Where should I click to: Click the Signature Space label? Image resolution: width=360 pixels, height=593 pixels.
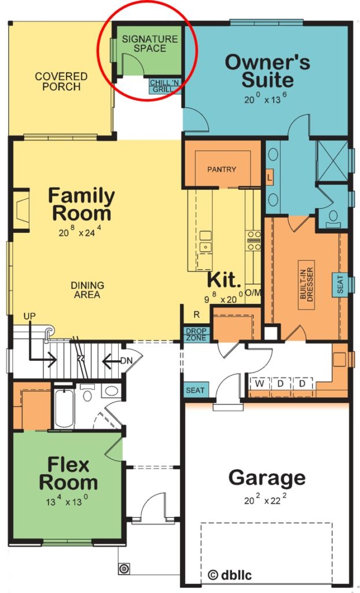click(x=149, y=43)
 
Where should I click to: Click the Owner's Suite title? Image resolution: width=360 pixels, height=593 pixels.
click(x=267, y=70)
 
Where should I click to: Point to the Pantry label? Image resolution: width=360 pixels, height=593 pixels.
click(x=222, y=170)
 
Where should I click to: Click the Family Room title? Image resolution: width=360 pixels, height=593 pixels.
click(x=81, y=204)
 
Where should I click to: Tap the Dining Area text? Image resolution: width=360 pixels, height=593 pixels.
click(x=87, y=290)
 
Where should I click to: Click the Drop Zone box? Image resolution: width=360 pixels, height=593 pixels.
click(x=195, y=335)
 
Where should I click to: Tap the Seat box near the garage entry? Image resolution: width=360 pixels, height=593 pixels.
click(x=195, y=390)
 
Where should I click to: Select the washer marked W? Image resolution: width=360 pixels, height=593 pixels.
click(x=260, y=384)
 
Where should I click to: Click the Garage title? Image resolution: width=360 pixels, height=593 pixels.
click(x=267, y=478)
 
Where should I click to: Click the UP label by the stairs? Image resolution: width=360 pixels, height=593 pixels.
click(x=30, y=316)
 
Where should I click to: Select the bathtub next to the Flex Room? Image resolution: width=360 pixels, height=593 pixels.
click(x=64, y=408)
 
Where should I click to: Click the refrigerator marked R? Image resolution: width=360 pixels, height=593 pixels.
click(x=197, y=315)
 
